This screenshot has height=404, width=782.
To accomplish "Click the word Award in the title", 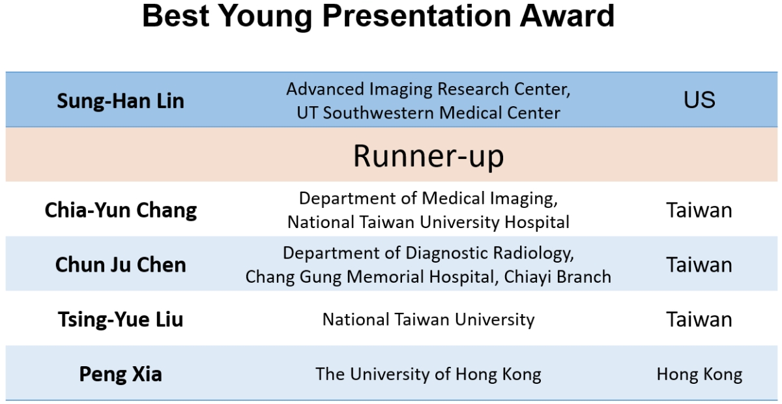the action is pos(567,16).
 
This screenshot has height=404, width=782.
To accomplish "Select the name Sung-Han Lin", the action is pos(121,101).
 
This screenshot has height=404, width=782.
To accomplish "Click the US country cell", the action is pos(699,100).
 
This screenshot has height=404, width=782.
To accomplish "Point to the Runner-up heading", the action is pos(428,156).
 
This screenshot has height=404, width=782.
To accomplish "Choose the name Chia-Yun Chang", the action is pos(121,210).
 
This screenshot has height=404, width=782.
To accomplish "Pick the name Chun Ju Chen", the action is pos(121,265).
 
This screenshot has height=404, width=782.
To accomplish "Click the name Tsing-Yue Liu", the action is pos(121,319).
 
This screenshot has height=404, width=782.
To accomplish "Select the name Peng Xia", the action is pos(121,374).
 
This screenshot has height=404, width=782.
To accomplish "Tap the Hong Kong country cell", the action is pos(699,375).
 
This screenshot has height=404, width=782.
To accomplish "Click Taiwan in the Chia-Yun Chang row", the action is pos(699,210).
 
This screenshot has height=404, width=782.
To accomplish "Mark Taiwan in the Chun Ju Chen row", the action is pos(699,265).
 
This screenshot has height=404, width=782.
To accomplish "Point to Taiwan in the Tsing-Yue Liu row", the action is pos(699,319).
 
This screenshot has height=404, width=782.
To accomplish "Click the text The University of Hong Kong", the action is pos(428,375).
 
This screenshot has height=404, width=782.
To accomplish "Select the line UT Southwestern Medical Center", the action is pos(428,113).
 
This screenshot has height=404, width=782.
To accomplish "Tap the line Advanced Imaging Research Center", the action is pos(428,90).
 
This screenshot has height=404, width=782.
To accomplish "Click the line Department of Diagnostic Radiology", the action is pos(428,253).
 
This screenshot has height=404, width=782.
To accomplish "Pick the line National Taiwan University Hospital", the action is pos(428,222).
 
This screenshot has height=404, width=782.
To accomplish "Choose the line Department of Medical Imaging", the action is pos(428,199).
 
